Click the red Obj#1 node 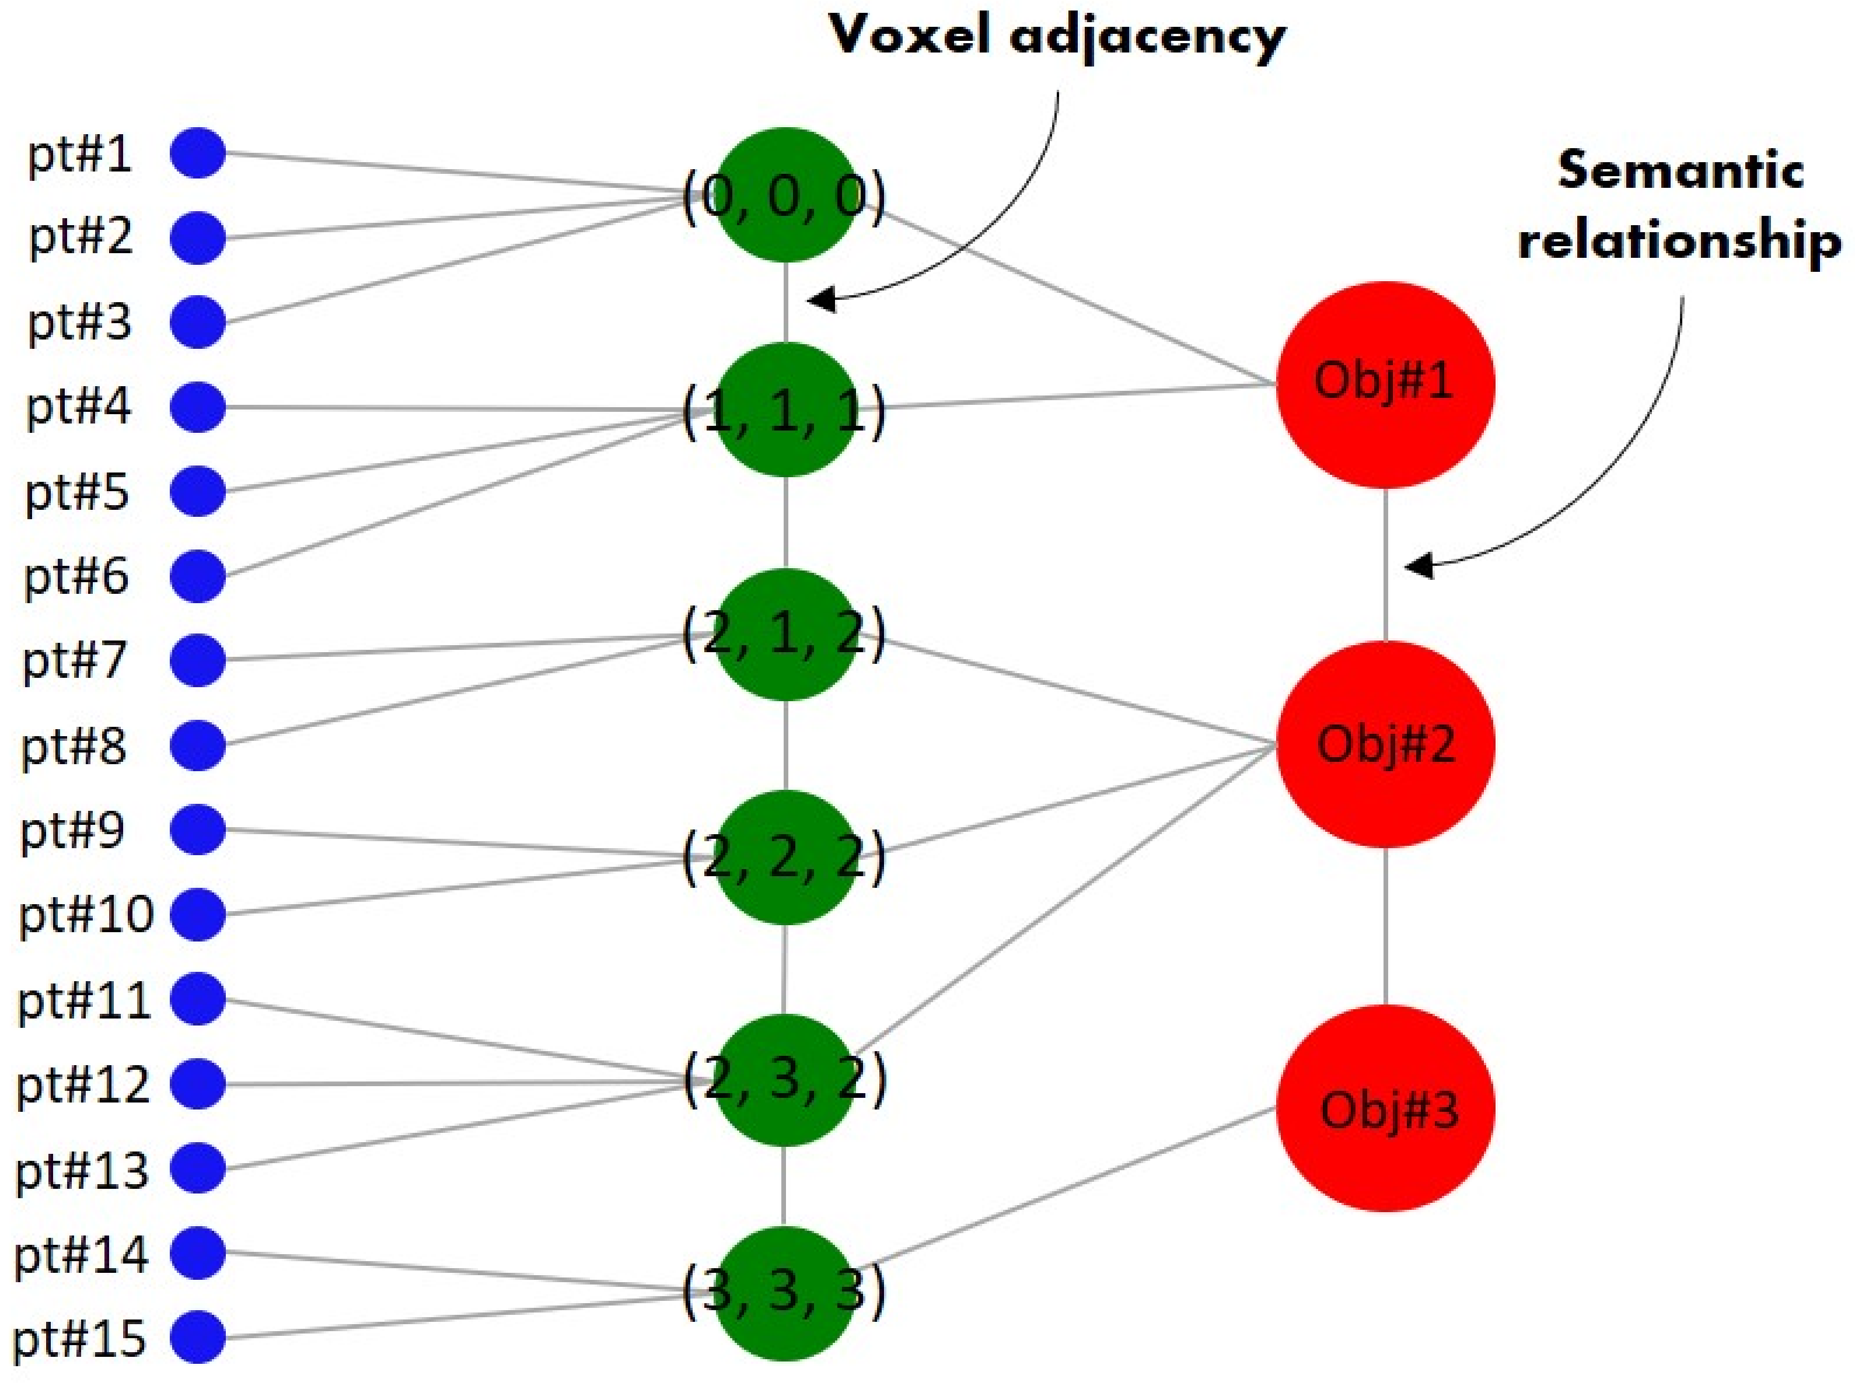[x=1385, y=384]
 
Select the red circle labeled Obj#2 [x=1385, y=744]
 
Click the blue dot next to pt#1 [x=198, y=153]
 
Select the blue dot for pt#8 [x=198, y=744]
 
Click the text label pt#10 [x=86, y=915]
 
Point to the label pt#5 [x=77, y=492]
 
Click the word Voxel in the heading [x=910, y=35]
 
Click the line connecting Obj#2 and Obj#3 [x=1385, y=926]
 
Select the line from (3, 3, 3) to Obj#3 [x=1065, y=1190]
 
